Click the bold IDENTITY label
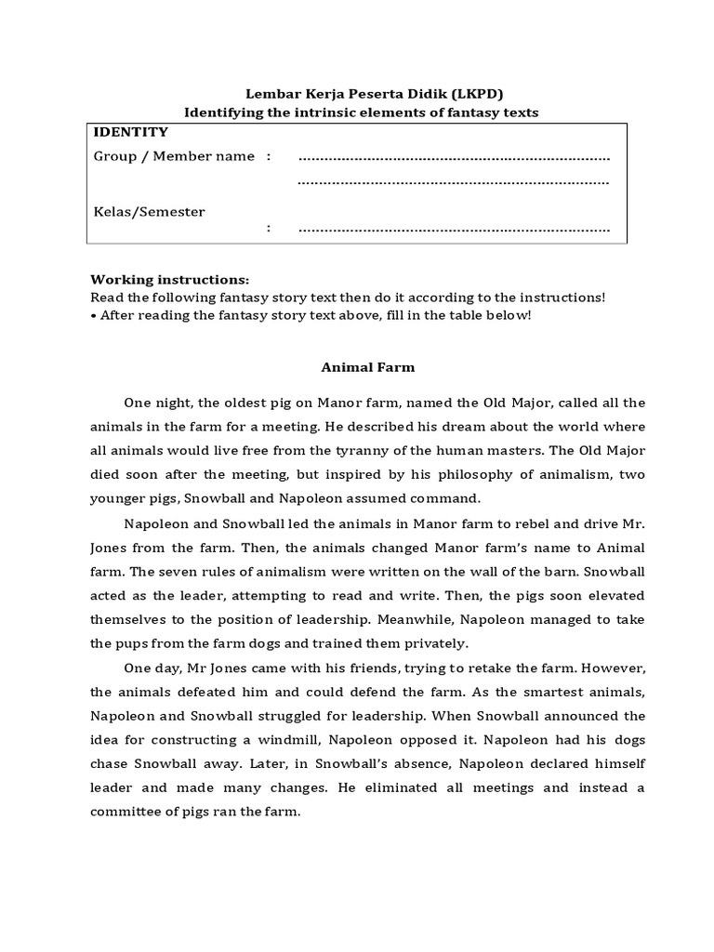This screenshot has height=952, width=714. coord(131,132)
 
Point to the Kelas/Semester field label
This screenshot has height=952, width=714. coord(150,212)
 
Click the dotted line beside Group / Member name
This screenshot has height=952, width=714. coord(454,156)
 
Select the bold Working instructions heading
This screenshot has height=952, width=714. coord(169,280)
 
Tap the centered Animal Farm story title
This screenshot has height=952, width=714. coord(368,367)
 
